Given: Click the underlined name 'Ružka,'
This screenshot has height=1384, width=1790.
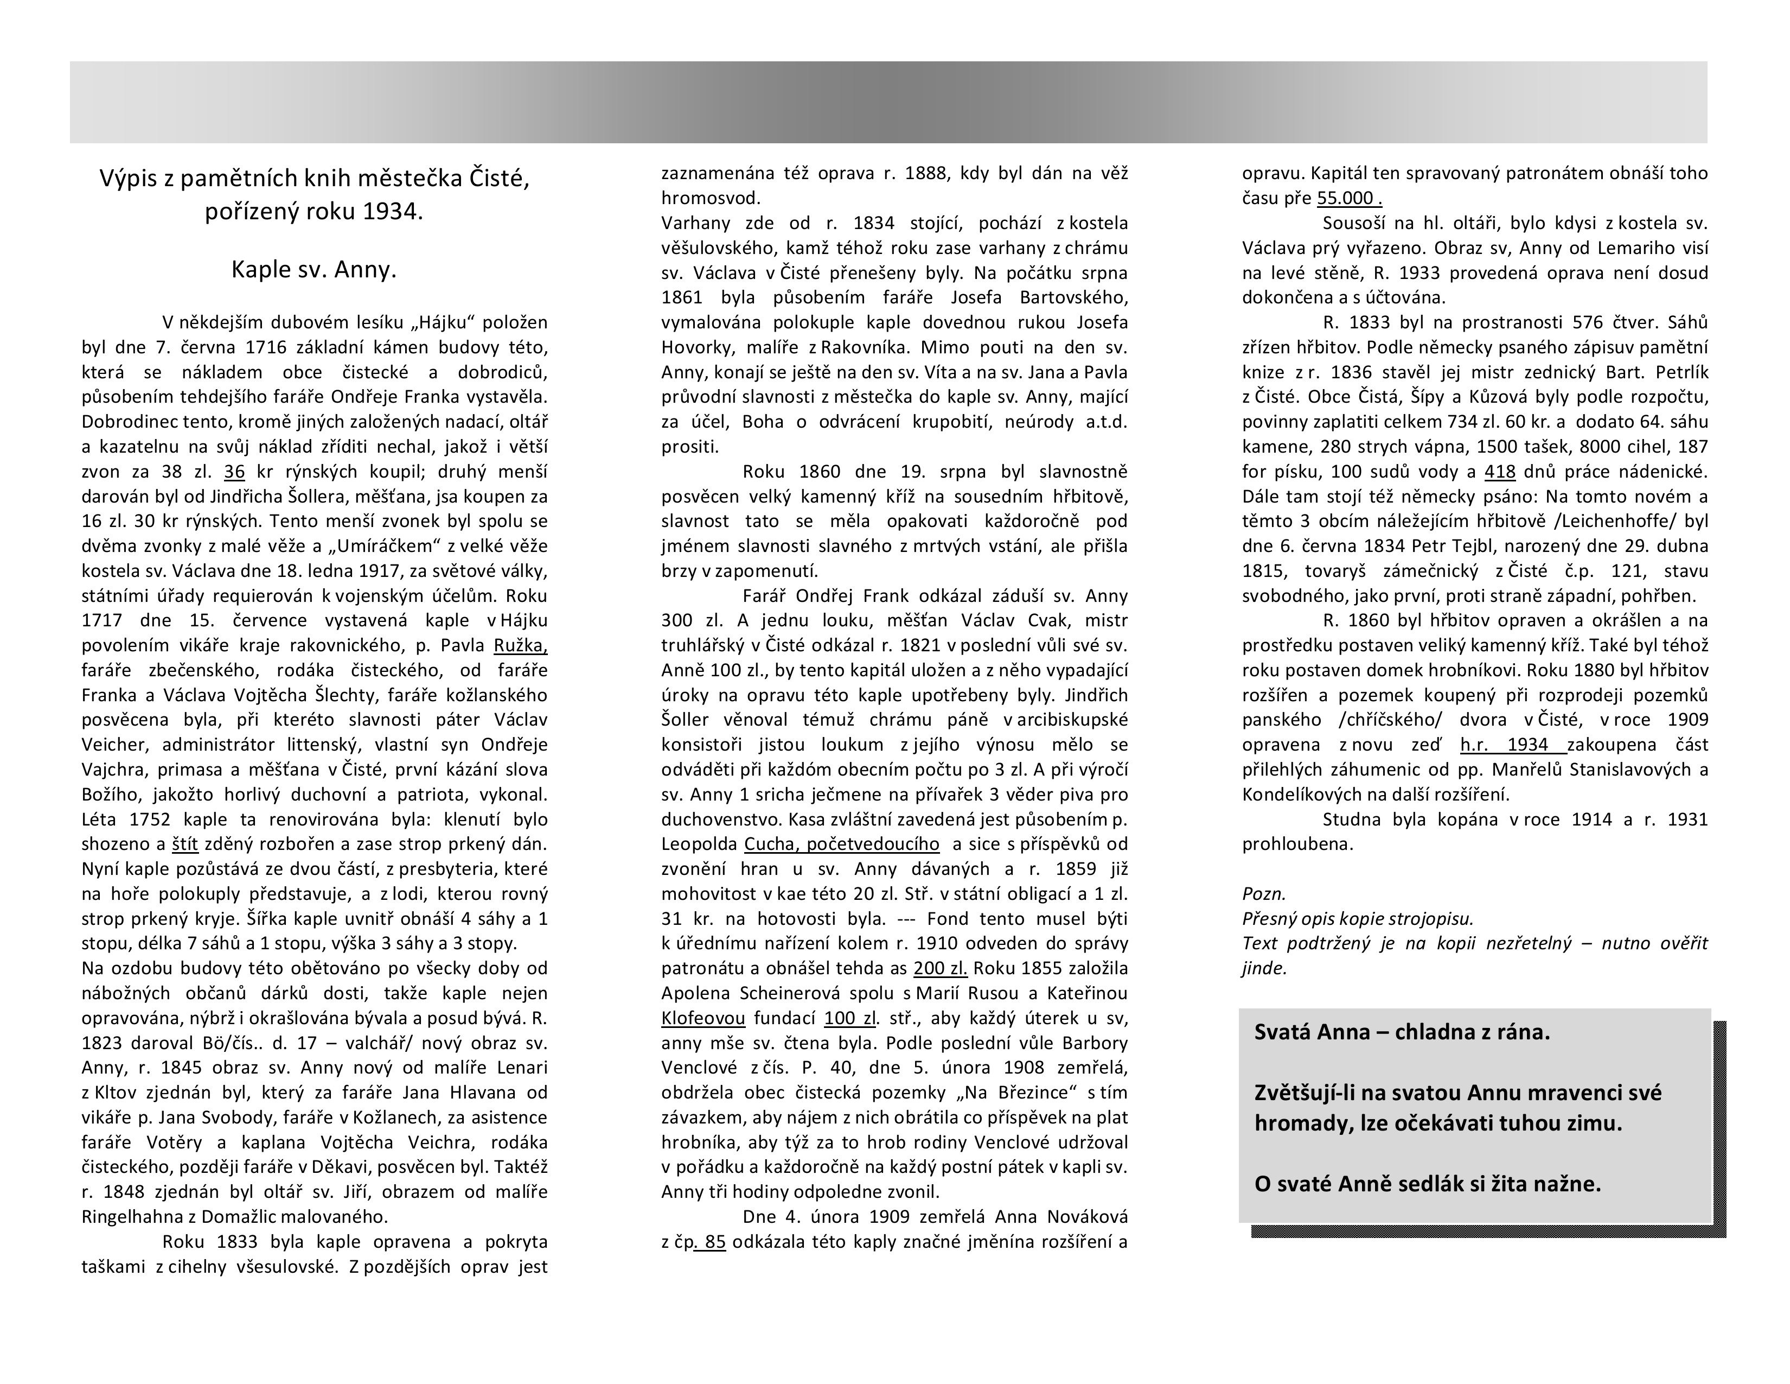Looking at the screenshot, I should [x=520, y=645].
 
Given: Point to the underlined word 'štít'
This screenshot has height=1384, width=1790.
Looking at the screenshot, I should [x=184, y=843].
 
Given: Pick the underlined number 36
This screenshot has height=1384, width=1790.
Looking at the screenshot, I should [x=234, y=472].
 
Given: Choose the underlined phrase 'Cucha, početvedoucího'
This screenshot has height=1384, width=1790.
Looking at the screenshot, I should [x=842, y=843].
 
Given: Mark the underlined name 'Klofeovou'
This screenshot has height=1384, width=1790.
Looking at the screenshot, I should [x=703, y=1018].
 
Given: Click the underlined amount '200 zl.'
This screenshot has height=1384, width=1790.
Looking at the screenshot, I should [x=940, y=968].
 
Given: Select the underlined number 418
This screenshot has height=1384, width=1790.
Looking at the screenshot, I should [x=1500, y=472].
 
